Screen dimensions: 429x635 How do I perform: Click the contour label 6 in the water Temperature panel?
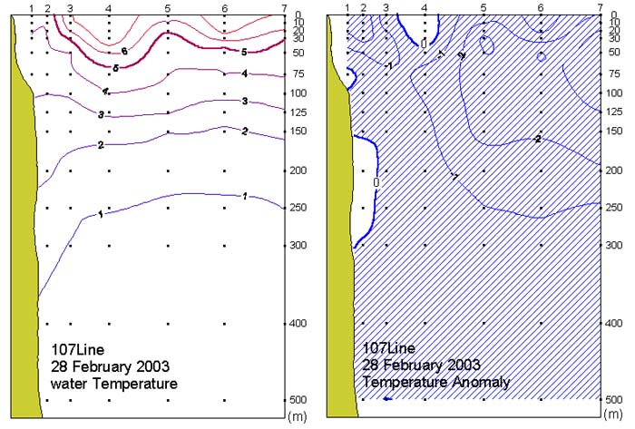[x=123, y=52]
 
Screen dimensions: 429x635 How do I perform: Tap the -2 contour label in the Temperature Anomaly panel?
[x=538, y=139]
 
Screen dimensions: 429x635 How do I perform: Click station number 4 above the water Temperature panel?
[x=109, y=8]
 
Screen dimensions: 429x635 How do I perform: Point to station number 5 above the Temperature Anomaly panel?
[x=484, y=8]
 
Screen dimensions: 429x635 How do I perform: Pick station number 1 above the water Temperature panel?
[x=32, y=8]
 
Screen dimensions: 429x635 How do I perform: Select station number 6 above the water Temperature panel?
[x=224, y=8]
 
